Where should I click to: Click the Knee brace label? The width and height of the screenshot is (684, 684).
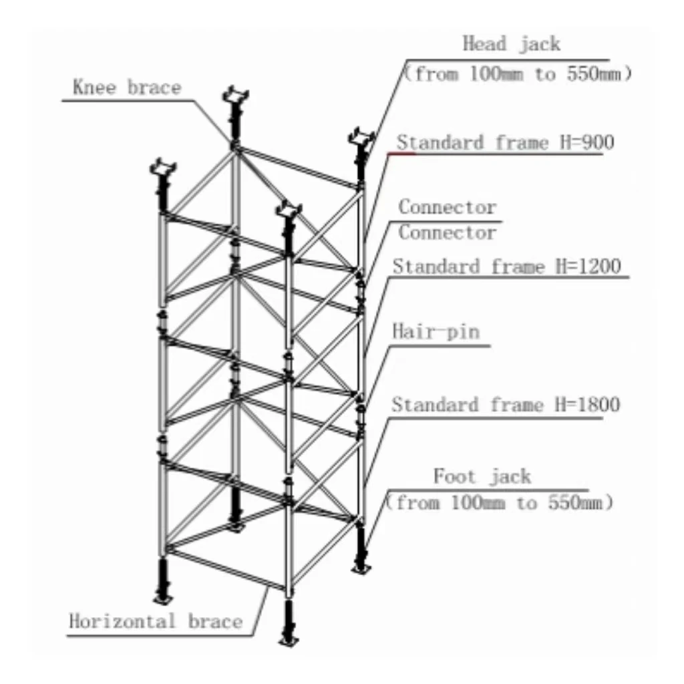[127, 88]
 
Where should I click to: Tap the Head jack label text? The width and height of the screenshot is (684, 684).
[511, 44]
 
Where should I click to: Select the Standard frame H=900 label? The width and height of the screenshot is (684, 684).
[506, 143]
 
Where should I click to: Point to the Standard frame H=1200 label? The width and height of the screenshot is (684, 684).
[506, 267]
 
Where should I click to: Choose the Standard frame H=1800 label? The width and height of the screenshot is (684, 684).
[506, 405]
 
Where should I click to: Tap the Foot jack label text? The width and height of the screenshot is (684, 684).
[482, 477]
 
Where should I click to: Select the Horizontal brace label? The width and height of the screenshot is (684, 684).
[156, 621]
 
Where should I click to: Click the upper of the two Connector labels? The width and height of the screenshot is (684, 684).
[448, 207]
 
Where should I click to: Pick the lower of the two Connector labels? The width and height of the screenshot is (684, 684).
[448, 232]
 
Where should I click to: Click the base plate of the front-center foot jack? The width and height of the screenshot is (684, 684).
[289, 643]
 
